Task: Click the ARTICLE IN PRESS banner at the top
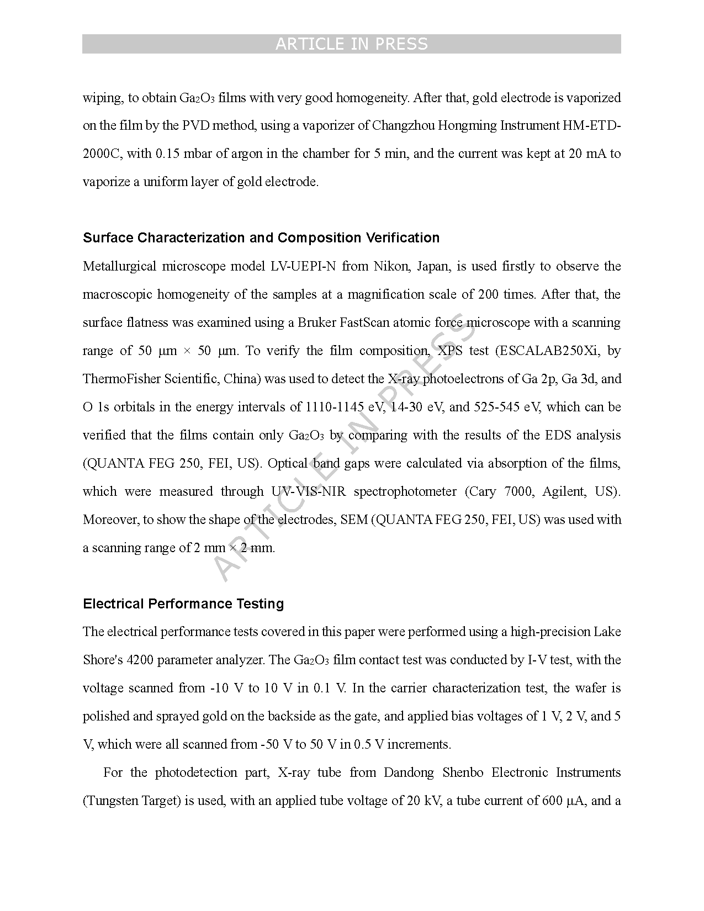coord(351,44)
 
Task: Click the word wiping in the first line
coord(102,98)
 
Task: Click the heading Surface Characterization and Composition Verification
coord(261,238)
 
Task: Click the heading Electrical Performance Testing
coord(183,604)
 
